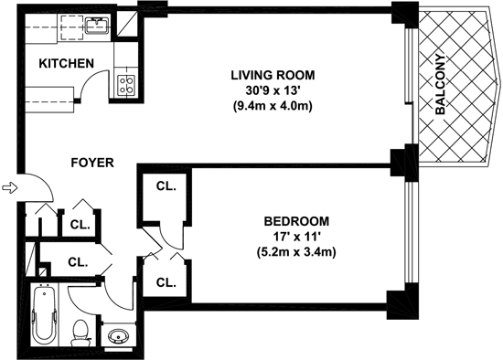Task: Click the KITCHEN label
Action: pyautogui.click(x=67, y=63)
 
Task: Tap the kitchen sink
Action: pyautogui.click(x=97, y=26)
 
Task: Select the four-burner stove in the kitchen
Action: pyautogui.click(x=127, y=85)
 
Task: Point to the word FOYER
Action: pyautogui.click(x=92, y=163)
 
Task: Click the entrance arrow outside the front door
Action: pyautogui.click(x=10, y=187)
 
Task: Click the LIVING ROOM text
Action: pyautogui.click(x=273, y=75)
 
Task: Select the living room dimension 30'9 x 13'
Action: pyautogui.click(x=273, y=90)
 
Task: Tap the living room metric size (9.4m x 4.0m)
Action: pyautogui.click(x=273, y=106)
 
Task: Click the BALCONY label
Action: pyautogui.click(x=441, y=85)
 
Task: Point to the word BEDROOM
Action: pyautogui.click(x=296, y=221)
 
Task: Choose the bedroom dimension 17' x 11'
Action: pyautogui.click(x=296, y=238)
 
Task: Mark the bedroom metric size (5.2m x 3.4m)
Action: pyautogui.click(x=296, y=252)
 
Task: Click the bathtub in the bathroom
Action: pyautogui.click(x=45, y=315)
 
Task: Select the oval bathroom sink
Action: pyautogui.click(x=119, y=335)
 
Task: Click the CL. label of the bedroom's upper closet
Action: pyautogui.click(x=166, y=185)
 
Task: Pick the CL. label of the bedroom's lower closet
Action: pyautogui.click(x=166, y=282)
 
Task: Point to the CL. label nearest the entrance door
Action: pyautogui.click(x=80, y=225)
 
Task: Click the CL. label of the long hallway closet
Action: pyautogui.click(x=78, y=262)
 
